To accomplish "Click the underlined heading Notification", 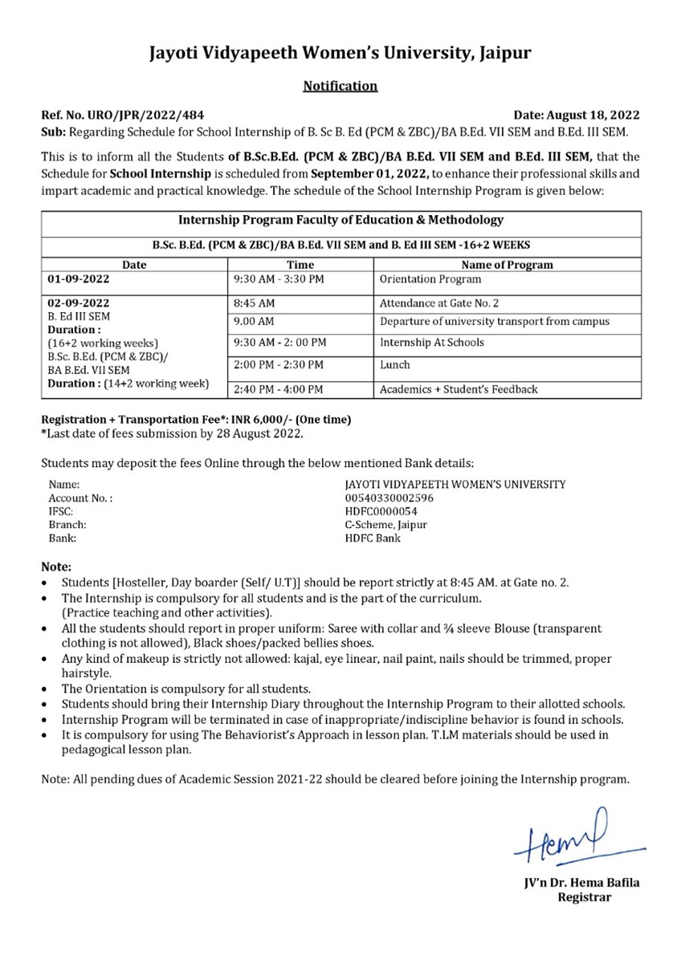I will tap(340, 86).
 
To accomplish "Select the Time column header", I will tap(300, 265).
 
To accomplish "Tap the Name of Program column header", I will tap(507, 265).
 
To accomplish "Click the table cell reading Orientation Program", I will tap(430, 279).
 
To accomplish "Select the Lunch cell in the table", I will tap(395, 364).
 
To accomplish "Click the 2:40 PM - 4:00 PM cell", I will tap(278, 390).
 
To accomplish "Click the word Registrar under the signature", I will tap(584, 897).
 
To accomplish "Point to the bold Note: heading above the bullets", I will tap(56, 567).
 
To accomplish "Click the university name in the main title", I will tap(340, 54).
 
